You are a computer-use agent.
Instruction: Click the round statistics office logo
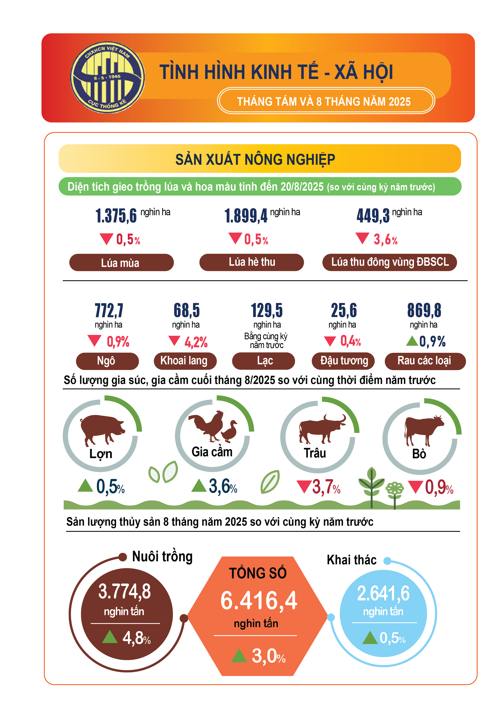pyautogui.click(x=108, y=78)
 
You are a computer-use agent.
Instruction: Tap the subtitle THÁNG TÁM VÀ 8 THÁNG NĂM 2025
pyautogui.click(x=324, y=101)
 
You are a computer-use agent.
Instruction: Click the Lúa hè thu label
pyautogui.click(x=252, y=262)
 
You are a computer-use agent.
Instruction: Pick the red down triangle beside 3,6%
pyautogui.click(x=362, y=238)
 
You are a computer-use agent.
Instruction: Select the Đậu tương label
pyautogui.click(x=344, y=361)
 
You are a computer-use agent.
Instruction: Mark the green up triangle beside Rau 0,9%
pyautogui.click(x=412, y=341)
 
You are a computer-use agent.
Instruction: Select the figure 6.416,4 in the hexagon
pyautogui.click(x=259, y=600)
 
